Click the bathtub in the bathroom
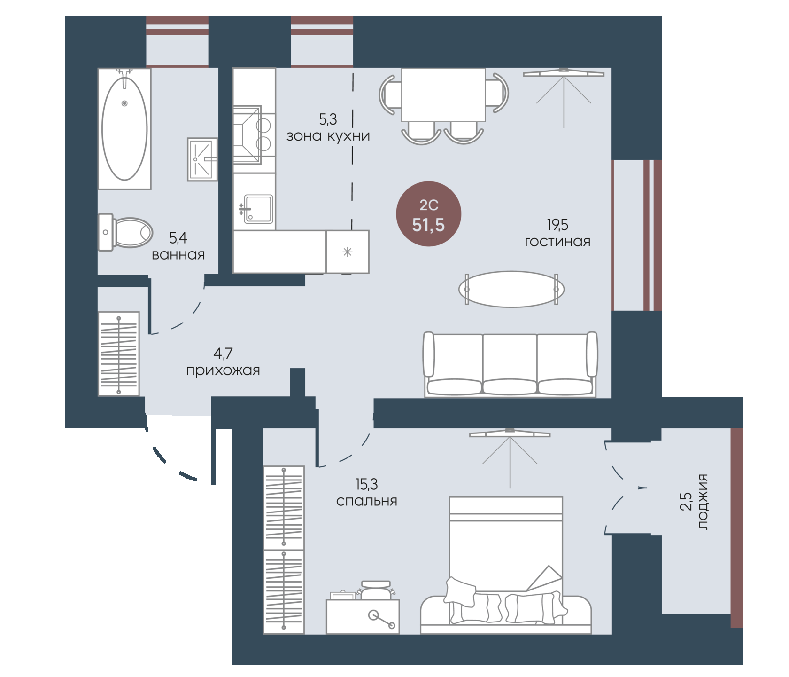tap(124, 128)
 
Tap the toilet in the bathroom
tap(125, 232)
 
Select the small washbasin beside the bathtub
tap(202, 159)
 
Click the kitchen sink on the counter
tap(258, 209)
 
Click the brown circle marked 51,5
tap(429, 214)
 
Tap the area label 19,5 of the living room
tap(557, 225)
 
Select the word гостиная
tap(557, 242)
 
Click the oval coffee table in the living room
tap(511, 289)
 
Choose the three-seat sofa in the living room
tap(511, 364)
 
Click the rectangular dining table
tap(443, 95)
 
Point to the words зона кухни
tap(328, 136)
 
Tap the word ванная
tap(178, 255)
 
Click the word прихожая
tap(223, 370)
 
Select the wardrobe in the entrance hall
tap(118, 354)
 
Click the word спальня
tap(367, 501)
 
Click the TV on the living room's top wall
tap(564, 73)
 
